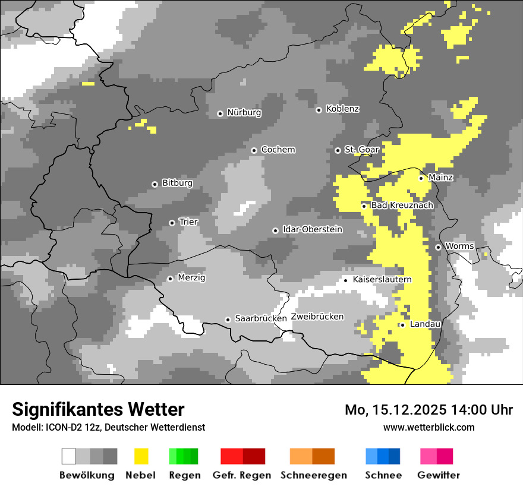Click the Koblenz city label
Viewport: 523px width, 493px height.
pos(342,109)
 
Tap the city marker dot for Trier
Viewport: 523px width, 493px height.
pos(172,223)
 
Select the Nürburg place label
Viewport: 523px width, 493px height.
pos(244,112)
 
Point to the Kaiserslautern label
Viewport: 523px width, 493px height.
pos(382,279)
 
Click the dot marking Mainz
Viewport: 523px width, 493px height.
pos(421,178)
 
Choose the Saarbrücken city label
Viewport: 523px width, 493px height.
pos(261,318)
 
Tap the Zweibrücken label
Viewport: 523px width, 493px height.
pos(317,317)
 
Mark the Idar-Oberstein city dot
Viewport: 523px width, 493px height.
pos(275,230)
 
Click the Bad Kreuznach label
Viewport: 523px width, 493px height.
pos(402,205)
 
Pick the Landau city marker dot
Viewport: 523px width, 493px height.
pos(402,325)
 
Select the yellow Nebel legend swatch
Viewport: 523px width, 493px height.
pos(141,456)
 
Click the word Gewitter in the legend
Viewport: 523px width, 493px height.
pos(439,475)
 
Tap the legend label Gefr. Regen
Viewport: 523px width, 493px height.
pos(242,475)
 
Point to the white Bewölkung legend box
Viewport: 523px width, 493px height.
pos(69,456)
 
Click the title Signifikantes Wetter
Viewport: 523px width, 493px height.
pos(98,409)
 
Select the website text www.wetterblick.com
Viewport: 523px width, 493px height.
pos(429,427)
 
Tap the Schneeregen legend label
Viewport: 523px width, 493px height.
pos(314,475)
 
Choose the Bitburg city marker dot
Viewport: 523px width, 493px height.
pos(155,184)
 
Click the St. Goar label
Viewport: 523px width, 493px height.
pos(361,150)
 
